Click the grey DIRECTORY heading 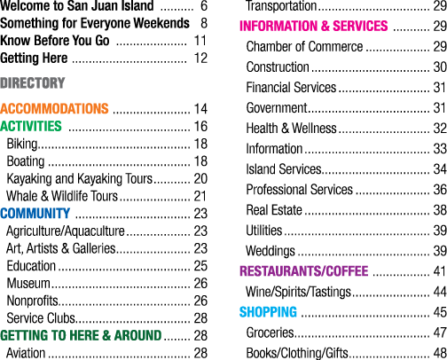33,82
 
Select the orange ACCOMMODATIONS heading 54,108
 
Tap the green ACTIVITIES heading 31,126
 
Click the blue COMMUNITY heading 35,214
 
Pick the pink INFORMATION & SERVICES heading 314,26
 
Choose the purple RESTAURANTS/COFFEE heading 304,271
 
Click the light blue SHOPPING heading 268,312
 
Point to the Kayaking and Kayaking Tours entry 80,179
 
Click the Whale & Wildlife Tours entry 62,196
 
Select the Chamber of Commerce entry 304,46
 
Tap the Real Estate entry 274,210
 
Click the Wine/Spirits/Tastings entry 298,292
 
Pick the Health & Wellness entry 292,129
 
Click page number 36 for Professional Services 440,190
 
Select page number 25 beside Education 200,266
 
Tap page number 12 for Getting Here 200,58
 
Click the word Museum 28,283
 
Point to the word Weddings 271,251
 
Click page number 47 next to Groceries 440,333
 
